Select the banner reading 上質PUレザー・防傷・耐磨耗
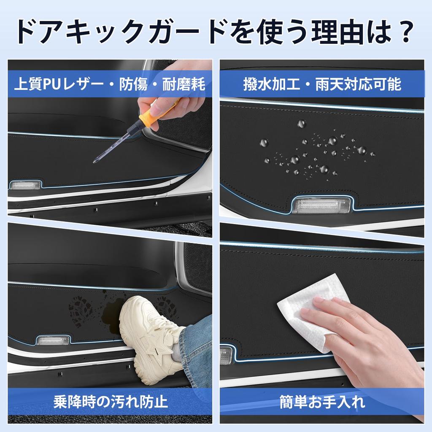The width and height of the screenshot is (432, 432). click(109, 84)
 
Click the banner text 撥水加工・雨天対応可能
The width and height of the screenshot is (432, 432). click(322, 84)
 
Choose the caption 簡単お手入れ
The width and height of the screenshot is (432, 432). click(322, 401)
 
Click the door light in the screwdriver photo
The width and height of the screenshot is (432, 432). click(24, 185)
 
